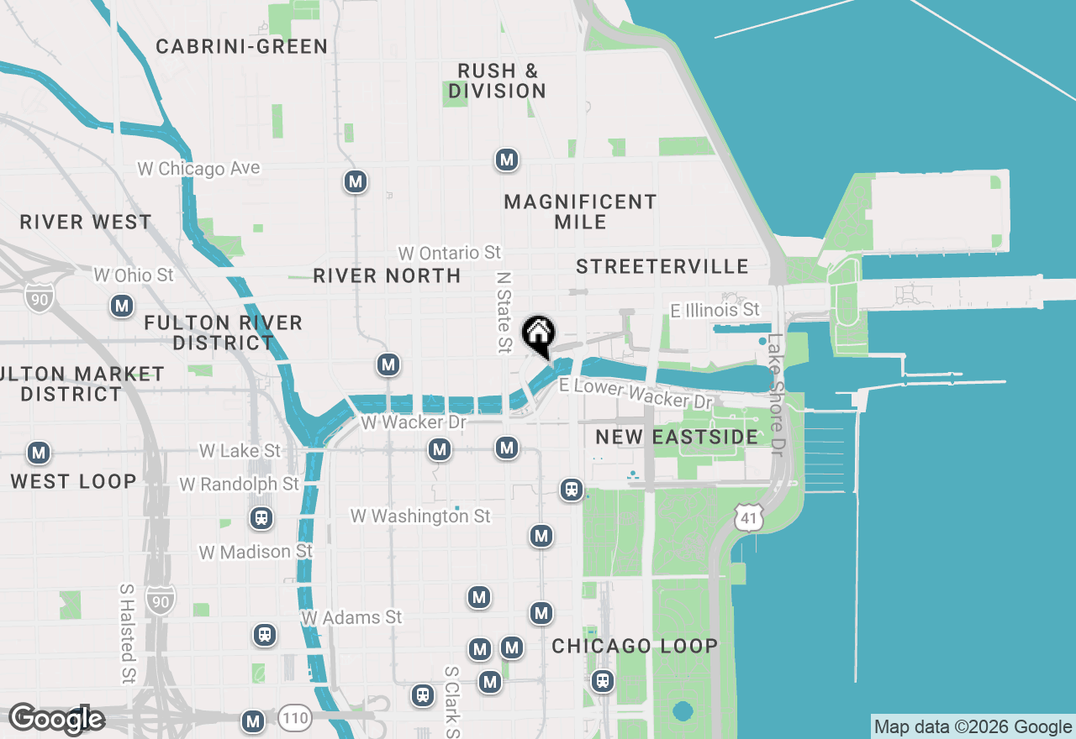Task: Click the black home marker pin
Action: pos(538,334)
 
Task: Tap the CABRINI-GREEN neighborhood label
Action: pos(242,46)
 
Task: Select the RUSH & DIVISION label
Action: pos(497,81)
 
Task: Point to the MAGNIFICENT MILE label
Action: pos(580,212)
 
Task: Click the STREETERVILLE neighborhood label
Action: pos(662,266)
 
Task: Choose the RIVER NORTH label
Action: pos(387,275)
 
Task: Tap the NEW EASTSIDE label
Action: pos(677,437)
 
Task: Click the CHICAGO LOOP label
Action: pos(635,646)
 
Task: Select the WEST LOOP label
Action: pos(73,481)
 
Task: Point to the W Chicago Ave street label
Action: pos(199,169)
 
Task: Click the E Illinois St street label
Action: pos(715,311)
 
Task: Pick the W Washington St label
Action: pos(420,516)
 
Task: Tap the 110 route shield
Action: pos(295,718)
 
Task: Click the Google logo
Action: pos(57,719)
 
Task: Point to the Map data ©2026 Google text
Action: pos(973,727)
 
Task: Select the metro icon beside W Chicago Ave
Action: pos(356,181)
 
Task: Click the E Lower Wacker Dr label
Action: pos(636,392)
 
